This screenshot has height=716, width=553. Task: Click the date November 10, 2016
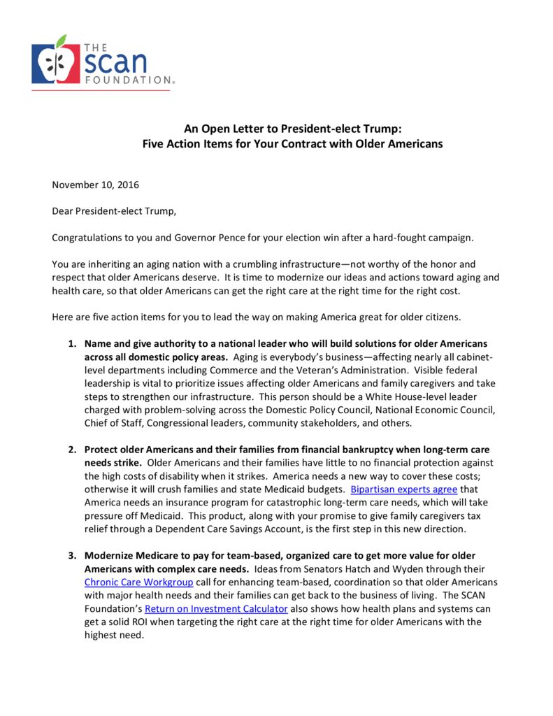pyautogui.click(x=95, y=185)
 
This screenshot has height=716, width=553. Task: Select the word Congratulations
pyautogui.click(x=87, y=237)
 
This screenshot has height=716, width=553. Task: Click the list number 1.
pyautogui.click(x=72, y=344)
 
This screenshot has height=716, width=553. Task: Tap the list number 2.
pyautogui.click(x=72, y=450)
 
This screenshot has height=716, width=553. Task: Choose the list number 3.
pyautogui.click(x=72, y=556)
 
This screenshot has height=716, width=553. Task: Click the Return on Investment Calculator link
pyautogui.click(x=216, y=609)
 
